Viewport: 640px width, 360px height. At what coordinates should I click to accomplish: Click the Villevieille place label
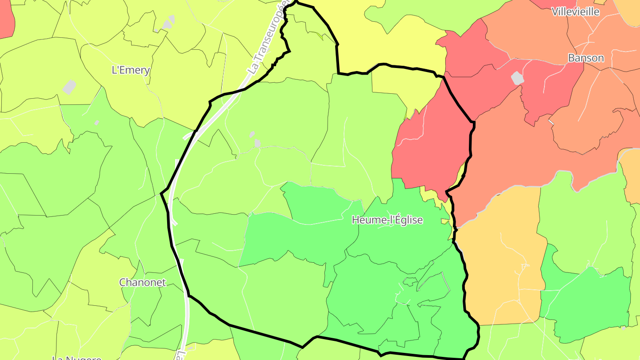(576, 12)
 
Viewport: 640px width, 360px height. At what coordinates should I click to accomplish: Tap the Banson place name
(586, 58)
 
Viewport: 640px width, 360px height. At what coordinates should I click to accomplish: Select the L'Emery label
(130, 70)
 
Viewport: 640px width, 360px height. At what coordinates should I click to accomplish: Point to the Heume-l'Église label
(387, 220)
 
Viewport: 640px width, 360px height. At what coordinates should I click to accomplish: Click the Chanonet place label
(142, 282)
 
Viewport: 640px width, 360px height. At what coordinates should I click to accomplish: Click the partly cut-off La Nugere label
(76, 357)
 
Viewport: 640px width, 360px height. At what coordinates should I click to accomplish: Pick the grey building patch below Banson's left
(517, 78)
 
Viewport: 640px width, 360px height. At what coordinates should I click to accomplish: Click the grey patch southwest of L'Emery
(69, 87)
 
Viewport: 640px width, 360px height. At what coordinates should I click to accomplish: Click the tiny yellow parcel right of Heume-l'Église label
(445, 221)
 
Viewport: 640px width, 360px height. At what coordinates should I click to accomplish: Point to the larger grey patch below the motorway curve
(257, 143)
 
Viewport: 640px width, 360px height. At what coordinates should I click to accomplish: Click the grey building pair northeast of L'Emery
(169, 22)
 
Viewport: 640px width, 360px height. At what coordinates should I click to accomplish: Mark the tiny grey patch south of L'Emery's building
(96, 123)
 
